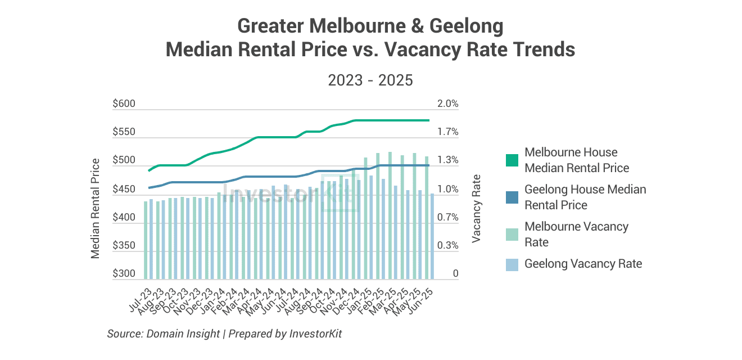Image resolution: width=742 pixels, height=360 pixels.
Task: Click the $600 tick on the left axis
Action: pyautogui.click(x=124, y=104)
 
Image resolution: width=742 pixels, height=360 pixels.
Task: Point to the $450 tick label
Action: pyautogui.click(x=124, y=190)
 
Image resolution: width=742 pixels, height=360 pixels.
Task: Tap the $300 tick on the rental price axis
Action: pyautogui.click(x=124, y=274)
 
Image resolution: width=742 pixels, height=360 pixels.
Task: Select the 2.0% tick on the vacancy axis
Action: pyautogui.click(x=448, y=104)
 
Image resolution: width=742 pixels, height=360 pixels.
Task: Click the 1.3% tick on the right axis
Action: pyautogui.click(x=448, y=161)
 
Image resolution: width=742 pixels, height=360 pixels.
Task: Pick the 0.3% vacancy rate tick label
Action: pyautogui.click(x=448, y=246)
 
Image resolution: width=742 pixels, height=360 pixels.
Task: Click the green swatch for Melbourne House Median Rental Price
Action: pyautogui.click(x=512, y=160)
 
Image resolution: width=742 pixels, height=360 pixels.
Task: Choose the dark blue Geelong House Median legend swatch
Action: pyautogui.click(x=512, y=197)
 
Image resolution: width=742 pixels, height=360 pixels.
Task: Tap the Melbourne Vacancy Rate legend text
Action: pyautogui.click(x=576, y=234)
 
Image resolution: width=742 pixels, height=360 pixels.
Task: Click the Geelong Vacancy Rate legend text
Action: pyautogui.click(x=583, y=263)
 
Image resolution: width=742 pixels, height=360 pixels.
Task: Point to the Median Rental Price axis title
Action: pyautogui.click(x=96, y=209)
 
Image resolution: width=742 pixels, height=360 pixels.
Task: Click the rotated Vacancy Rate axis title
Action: pyautogui.click(x=477, y=209)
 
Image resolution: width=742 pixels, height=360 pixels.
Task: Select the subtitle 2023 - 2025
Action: pyautogui.click(x=370, y=80)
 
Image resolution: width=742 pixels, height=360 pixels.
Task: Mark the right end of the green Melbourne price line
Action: pyautogui.click(x=428, y=120)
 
